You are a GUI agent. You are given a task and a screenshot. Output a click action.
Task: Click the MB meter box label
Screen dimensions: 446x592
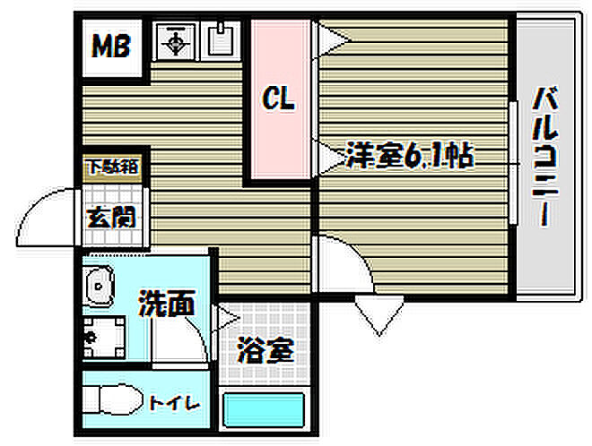(x=112, y=46)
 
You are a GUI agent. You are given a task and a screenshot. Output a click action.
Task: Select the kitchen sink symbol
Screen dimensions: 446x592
(x=220, y=39)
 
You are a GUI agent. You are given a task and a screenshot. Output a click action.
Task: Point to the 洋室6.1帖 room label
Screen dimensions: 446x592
(x=409, y=157)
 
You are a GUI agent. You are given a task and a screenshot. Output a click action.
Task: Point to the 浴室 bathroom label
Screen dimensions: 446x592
(x=266, y=350)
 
